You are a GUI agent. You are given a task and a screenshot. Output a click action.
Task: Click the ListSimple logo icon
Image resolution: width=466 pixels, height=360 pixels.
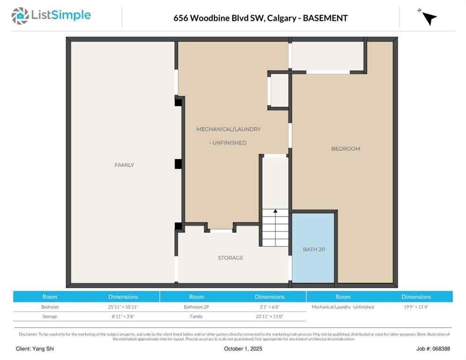click(20, 16)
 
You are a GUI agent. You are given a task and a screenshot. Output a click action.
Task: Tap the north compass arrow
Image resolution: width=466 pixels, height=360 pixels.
click(428, 18)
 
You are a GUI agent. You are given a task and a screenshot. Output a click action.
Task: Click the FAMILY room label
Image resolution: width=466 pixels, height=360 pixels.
click(124, 165)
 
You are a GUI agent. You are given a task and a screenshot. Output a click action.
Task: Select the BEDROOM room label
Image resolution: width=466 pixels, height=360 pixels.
click(346, 149)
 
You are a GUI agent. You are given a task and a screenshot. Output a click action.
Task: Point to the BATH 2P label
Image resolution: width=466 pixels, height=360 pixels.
click(314, 249)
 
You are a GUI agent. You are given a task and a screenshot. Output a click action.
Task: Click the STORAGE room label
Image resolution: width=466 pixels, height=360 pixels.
click(230, 258)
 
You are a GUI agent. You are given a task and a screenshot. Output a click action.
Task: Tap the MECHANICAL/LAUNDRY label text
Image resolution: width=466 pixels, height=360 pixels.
click(228, 129)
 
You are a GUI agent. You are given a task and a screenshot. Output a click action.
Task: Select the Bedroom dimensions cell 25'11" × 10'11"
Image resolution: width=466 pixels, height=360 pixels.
click(123, 307)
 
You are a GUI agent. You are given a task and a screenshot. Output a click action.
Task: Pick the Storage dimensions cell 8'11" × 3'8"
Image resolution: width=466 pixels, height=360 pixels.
click(123, 316)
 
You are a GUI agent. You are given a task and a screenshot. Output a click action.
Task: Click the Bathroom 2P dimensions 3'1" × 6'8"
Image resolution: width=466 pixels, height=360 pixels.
click(269, 307)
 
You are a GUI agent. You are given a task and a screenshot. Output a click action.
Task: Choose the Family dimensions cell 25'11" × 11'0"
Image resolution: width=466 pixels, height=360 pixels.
click(269, 316)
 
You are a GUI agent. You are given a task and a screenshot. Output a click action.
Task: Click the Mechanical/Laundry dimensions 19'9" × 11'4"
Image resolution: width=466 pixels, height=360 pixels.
click(416, 307)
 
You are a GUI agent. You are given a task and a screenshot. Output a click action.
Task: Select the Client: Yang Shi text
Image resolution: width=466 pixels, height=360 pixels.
click(35, 349)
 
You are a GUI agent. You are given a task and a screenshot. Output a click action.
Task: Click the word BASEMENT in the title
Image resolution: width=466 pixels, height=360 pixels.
click(325, 18)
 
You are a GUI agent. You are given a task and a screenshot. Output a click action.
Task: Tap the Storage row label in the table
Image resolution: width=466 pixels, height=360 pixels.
click(50, 316)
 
